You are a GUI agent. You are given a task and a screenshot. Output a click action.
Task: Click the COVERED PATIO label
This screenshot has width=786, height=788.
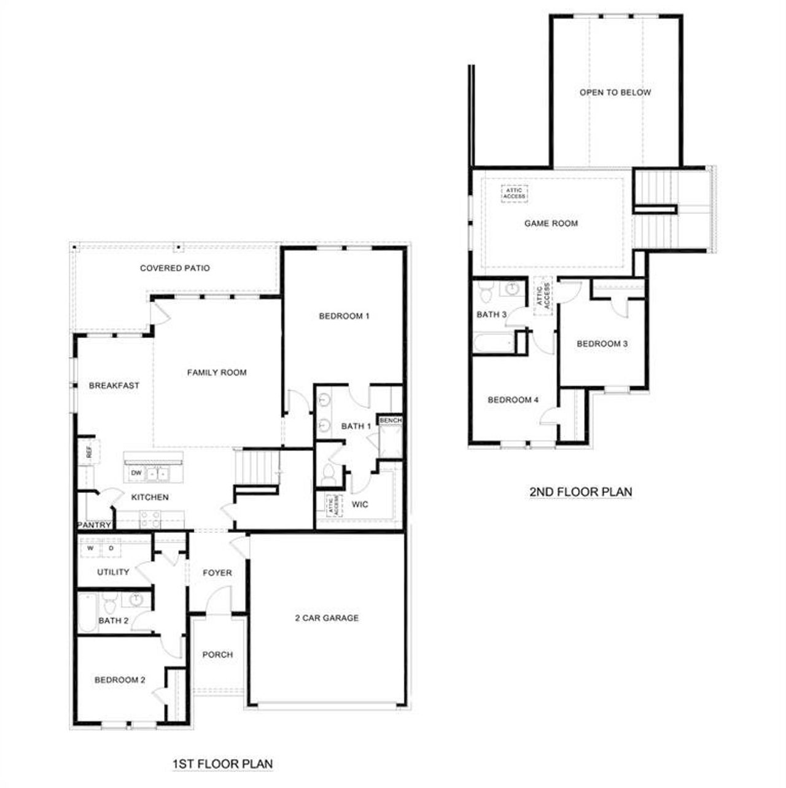point(175,268)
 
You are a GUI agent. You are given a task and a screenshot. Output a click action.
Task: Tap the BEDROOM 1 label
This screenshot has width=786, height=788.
point(344,316)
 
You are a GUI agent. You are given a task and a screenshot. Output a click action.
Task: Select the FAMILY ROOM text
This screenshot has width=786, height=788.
point(217,372)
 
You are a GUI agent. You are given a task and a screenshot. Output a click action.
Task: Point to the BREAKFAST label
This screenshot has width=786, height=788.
point(114,385)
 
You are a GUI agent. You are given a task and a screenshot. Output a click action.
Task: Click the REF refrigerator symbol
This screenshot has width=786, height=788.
point(89,453)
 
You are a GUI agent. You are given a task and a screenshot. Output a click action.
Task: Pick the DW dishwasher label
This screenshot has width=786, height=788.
point(136,473)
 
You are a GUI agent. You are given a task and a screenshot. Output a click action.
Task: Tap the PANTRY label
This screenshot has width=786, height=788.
point(95,525)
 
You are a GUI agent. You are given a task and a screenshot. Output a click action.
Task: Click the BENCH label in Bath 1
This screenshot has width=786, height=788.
point(391,420)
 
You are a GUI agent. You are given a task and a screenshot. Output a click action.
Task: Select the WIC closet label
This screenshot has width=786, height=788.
point(360,505)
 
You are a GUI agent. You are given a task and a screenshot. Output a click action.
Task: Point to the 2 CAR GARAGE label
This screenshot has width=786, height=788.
point(327,618)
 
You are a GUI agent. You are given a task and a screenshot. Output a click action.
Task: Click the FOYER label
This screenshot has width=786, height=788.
point(217,572)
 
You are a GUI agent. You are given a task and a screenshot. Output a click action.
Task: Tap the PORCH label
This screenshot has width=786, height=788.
point(217,655)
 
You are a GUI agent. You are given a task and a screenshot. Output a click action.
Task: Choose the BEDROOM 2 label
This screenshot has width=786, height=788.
point(120,680)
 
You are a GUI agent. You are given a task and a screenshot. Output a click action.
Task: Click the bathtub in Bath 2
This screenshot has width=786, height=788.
point(87,612)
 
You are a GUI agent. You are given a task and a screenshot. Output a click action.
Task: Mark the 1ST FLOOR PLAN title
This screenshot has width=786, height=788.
point(222,764)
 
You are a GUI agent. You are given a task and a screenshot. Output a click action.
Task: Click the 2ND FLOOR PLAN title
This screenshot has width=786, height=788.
point(580,492)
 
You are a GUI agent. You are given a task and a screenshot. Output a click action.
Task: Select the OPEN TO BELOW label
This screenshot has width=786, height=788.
point(615,92)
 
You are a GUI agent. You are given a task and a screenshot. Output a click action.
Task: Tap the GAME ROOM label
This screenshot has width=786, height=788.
point(551,223)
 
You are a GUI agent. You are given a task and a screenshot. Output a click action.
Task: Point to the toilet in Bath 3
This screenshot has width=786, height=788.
point(485,293)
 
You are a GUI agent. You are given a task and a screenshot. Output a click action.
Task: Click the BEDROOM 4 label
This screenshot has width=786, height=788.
point(513,400)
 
